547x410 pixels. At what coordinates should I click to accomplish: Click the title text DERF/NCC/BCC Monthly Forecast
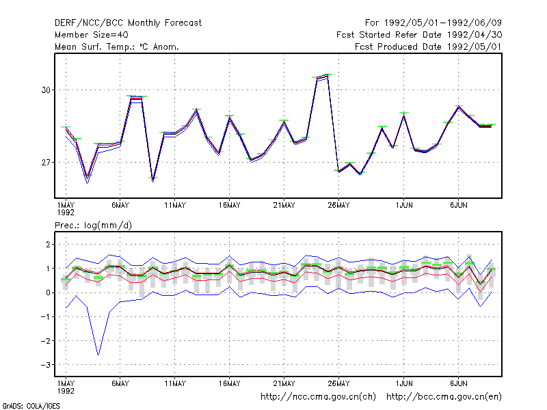[128, 23]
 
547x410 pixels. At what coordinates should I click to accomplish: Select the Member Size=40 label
[92, 35]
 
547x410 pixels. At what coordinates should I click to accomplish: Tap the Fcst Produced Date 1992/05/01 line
[428, 46]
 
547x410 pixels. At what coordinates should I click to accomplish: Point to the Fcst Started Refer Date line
[419, 35]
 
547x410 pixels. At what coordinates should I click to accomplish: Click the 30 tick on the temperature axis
[46, 90]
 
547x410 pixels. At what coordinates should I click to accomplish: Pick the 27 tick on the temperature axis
[46, 163]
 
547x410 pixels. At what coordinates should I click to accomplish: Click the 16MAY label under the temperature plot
[230, 206]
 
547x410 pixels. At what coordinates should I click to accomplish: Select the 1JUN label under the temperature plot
[404, 206]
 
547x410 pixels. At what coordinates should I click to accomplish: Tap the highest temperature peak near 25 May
[328, 75]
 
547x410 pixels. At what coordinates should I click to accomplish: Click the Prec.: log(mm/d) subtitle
[93, 225]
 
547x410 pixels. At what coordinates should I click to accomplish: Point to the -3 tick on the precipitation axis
[46, 365]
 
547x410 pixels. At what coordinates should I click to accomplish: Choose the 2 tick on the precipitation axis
[48, 245]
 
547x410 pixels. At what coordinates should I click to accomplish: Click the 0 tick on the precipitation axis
[48, 293]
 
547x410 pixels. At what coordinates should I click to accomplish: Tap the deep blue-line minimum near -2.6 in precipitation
[98, 355]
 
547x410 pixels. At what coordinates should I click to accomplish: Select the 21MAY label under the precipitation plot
[284, 383]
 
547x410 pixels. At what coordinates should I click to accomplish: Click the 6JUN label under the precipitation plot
[458, 383]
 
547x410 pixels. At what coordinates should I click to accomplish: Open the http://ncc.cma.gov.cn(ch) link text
[318, 397]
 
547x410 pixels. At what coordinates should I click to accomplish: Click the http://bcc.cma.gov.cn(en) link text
[444, 397]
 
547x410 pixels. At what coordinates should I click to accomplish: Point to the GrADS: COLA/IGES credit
[31, 406]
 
